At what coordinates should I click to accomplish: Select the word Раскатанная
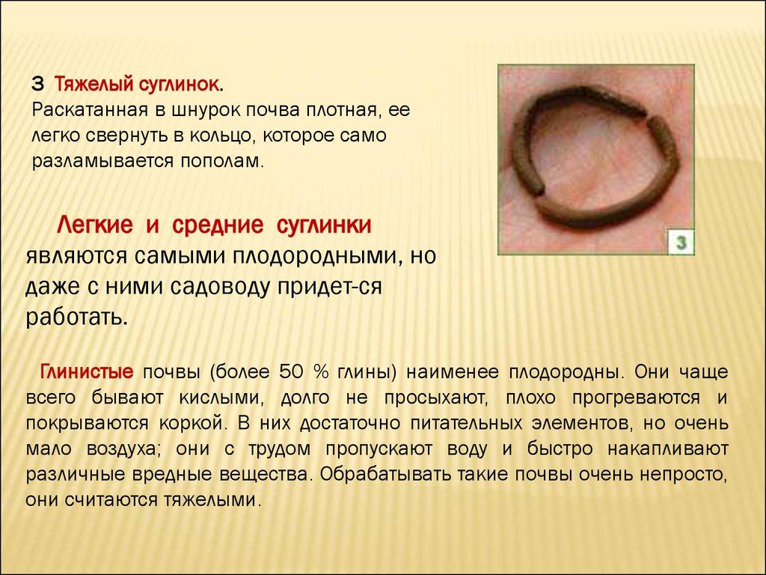click(90, 111)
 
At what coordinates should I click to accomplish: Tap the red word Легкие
click(95, 225)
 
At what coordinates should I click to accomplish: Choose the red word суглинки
click(324, 225)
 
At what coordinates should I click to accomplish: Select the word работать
click(76, 318)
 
